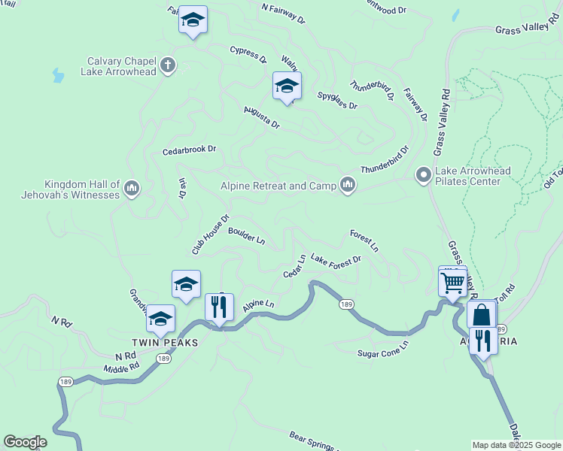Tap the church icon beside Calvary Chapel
click(x=167, y=65)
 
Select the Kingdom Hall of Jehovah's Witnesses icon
click(x=131, y=186)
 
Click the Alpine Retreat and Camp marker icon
click(x=347, y=184)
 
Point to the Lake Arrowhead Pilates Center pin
click(x=423, y=175)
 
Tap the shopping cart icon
click(x=452, y=283)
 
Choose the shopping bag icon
click(x=481, y=314)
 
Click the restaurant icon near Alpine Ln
click(x=219, y=307)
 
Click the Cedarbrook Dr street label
click(x=189, y=150)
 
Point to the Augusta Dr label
click(x=261, y=117)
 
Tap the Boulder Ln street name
click(x=247, y=238)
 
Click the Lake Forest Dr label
click(x=336, y=260)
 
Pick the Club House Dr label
click(x=210, y=235)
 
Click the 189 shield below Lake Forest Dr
click(x=346, y=304)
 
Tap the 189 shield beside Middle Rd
click(x=163, y=359)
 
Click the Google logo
click(x=25, y=442)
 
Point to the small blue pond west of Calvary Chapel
click(x=58, y=75)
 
